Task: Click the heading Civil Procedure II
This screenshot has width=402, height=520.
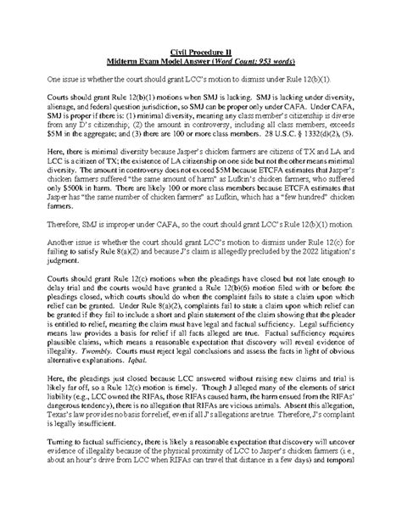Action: (202, 53)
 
